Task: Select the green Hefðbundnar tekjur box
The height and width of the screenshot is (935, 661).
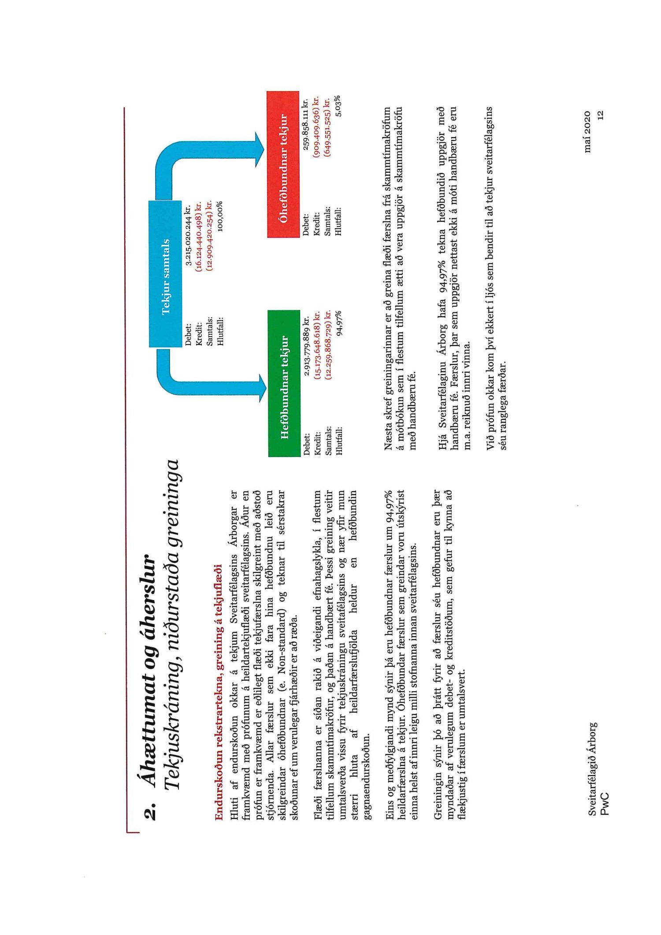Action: tap(284, 383)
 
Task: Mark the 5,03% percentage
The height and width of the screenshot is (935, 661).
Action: tap(338, 106)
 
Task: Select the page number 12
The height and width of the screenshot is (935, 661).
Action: tap(599, 115)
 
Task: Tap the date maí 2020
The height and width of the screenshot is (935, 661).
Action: tap(588, 132)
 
